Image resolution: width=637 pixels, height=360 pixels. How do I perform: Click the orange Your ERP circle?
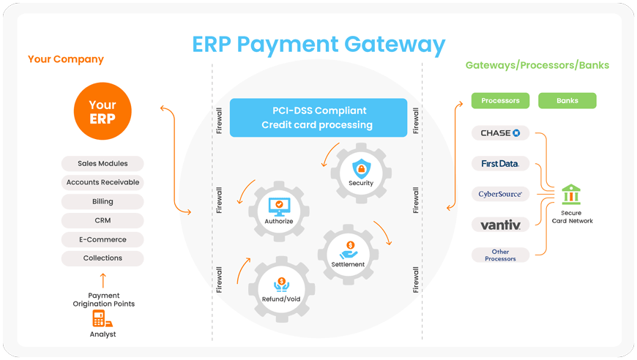point(103,112)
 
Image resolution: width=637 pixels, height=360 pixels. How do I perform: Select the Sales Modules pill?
point(103,164)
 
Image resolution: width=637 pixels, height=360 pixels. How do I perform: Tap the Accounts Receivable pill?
point(103,182)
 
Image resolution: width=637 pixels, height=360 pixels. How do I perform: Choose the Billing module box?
point(103,201)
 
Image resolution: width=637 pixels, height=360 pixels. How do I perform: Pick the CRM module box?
point(103,220)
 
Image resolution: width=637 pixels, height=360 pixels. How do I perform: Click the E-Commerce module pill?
point(103,239)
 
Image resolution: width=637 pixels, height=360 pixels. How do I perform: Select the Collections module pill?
point(103,258)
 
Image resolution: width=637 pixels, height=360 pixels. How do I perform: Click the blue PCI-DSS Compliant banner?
point(318,118)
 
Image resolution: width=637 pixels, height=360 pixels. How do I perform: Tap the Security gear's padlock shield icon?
point(361,167)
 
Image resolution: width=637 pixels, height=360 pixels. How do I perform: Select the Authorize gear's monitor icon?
point(278,205)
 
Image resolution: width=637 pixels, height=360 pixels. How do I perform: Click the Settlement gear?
point(348,252)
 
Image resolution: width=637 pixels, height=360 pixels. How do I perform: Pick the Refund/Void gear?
point(280,288)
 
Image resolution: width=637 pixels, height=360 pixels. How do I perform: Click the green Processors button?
point(501,100)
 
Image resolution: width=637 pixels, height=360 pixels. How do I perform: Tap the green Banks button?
point(567,100)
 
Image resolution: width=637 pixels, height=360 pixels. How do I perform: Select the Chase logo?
point(500,133)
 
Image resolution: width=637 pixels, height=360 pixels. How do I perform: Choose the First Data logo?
point(500,164)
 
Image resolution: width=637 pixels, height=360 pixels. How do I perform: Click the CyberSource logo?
point(500,194)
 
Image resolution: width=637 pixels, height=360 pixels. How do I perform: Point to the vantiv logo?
point(500,225)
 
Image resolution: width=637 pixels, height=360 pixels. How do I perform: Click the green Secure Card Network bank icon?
point(570,194)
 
